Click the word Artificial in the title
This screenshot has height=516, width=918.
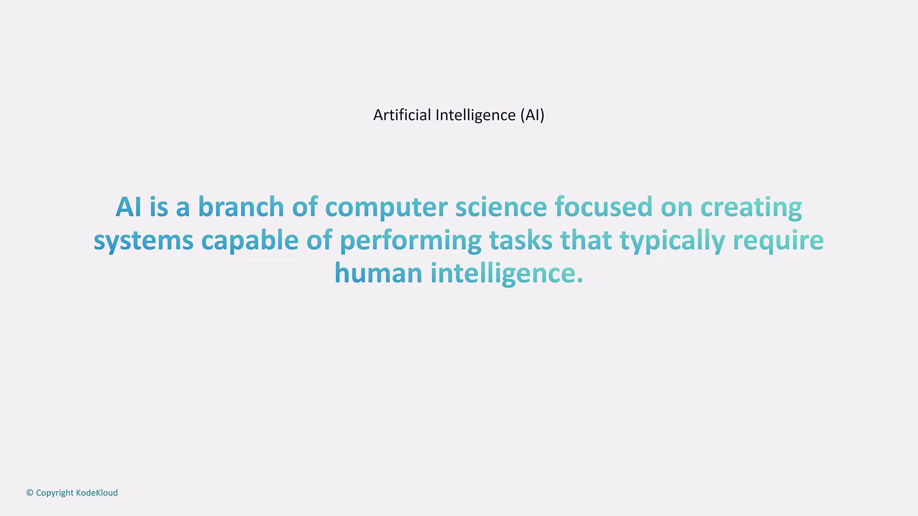402,115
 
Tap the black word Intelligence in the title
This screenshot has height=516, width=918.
476,116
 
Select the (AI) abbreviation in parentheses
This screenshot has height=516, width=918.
533,115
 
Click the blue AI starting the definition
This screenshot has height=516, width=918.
129,207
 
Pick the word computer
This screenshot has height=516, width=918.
386,208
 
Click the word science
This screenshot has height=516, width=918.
501,206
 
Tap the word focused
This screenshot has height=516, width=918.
604,206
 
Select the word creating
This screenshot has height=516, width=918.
751,208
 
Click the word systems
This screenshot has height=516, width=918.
143,241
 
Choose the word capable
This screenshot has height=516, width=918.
250,241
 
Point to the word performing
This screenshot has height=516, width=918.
411,241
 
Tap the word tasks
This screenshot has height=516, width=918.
521,239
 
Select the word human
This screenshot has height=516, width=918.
379,272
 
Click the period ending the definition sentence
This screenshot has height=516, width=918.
580,281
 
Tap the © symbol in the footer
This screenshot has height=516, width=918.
30,493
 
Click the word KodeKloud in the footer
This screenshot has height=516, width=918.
97,493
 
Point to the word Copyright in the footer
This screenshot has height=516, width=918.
55,493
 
